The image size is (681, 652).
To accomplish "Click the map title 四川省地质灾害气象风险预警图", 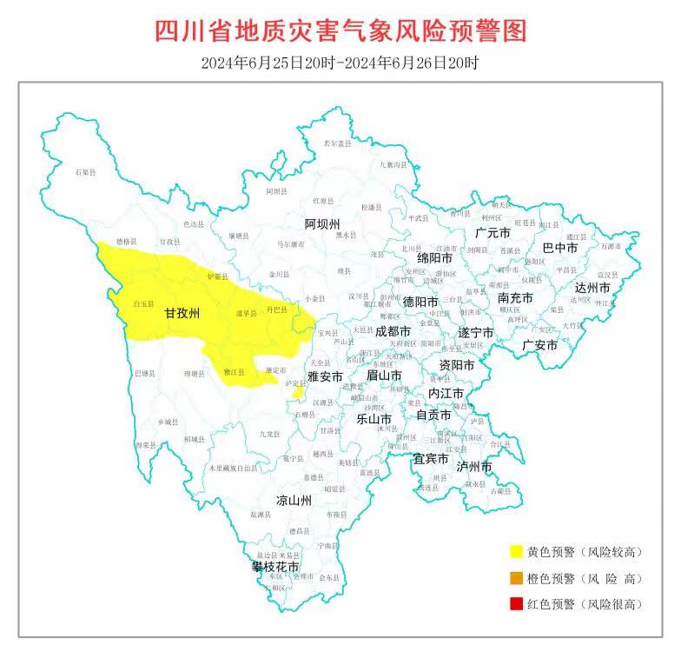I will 340,31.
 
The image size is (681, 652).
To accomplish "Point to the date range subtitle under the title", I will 340,63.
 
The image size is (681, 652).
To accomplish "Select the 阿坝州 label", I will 322,223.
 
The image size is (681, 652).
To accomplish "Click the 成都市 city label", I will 393,331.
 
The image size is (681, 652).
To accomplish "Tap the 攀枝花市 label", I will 275,566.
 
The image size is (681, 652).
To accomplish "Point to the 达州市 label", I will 592,288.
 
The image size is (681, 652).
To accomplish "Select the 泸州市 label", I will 474,467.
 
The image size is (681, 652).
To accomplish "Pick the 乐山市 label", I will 374,417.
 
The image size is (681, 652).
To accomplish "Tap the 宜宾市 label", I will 431,458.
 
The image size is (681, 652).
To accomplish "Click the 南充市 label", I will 515,297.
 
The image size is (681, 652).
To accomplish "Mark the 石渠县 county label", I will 84,174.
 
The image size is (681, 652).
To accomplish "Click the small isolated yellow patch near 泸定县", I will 298,393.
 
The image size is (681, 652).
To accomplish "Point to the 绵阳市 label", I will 434,258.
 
